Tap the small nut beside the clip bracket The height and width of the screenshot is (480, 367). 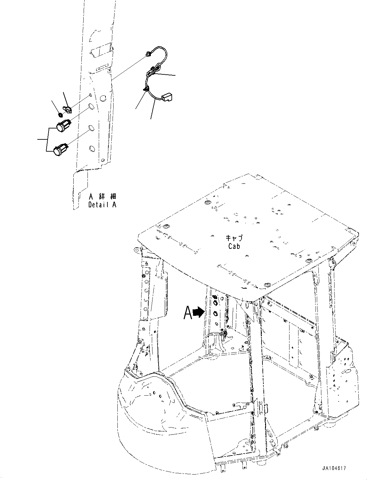pos(60,114)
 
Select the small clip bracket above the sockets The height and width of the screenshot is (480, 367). pos(68,109)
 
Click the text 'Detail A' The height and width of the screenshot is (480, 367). pos(102,205)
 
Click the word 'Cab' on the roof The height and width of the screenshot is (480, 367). pos(234,246)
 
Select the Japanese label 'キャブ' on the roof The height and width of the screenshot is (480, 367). pos(234,239)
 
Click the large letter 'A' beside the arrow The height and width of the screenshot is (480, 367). pos(188,313)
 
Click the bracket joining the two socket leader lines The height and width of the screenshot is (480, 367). pos(48,139)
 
